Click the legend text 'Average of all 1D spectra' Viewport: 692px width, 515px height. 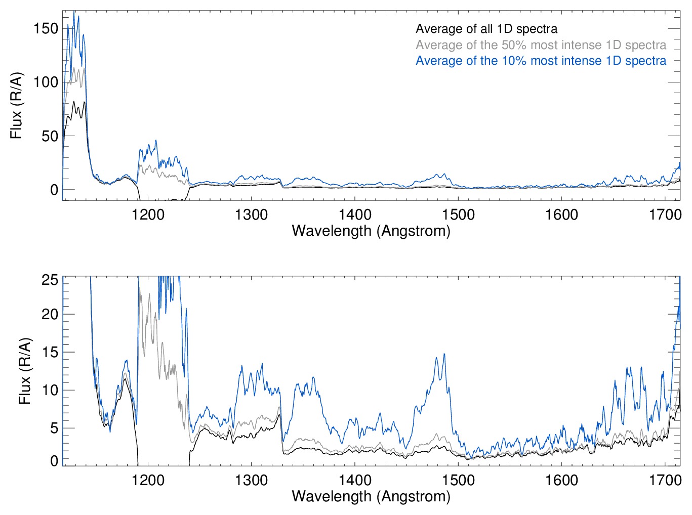(486, 29)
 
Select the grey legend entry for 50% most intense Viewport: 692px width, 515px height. (541, 45)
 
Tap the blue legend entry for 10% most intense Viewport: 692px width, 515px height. (541, 61)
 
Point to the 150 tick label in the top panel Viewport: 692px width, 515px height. (46, 28)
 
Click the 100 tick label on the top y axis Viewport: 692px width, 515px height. (46, 82)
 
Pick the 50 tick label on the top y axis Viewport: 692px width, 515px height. (50, 136)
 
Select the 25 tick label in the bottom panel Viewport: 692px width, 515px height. (50, 280)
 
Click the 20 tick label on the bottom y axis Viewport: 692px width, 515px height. (50, 314)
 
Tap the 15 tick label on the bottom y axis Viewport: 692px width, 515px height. (50, 352)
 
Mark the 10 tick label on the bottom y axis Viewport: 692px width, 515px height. (50, 390)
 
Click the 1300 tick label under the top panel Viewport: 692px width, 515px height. (252, 215)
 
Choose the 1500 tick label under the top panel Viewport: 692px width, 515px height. (458, 215)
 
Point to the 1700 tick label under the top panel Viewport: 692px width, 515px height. (665, 215)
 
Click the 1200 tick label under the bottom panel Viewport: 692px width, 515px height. (148, 480)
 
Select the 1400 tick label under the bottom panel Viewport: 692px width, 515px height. (355, 480)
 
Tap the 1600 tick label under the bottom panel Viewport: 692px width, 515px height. (561, 480)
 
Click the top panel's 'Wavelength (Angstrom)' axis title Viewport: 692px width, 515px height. (371, 231)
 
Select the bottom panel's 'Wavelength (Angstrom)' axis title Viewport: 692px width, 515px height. (371, 496)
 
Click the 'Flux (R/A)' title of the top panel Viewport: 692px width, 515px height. (17, 106)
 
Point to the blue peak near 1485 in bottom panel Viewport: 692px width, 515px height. (444, 354)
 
